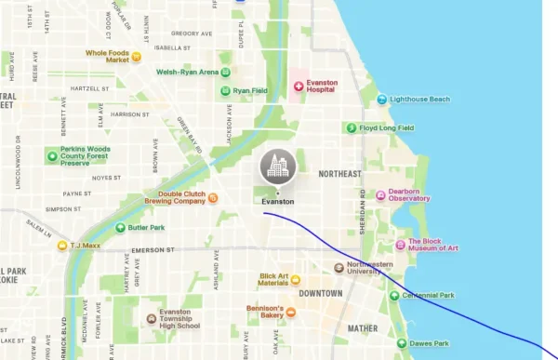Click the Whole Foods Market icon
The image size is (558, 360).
pos(136,57)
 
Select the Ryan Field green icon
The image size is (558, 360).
pos(225,90)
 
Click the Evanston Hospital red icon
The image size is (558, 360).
pos(299,87)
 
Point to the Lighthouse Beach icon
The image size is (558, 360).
pos(382,100)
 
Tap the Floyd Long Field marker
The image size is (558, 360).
pos(351,127)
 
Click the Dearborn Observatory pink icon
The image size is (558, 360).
pos(380,194)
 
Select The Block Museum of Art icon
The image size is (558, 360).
pos(401,245)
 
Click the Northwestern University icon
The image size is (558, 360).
pos(339,268)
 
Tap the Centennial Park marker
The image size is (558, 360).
pos(394,295)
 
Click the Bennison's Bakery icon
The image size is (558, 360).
pos(290,313)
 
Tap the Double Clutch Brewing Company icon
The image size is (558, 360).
pos(213,197)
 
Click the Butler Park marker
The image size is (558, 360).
pos(120,227)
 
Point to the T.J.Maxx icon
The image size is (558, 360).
pos(62,246)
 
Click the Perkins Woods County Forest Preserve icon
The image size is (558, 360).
pos(52,155)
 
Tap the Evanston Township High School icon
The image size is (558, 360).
pos(152,319)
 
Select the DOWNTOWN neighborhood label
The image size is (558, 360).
pos(320,293)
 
